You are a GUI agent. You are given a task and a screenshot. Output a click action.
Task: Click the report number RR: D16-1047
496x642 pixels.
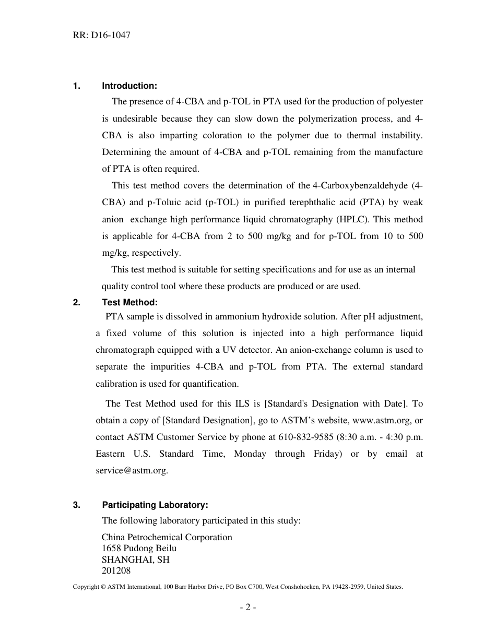click(x=102, y=35)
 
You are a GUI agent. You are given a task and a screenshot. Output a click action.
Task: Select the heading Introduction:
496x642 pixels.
click(x=129, y=86)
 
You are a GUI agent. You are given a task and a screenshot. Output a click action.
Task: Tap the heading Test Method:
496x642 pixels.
click(x=129, y=302)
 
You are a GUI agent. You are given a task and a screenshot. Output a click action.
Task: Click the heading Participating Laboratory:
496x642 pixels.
click(x=155, y=505)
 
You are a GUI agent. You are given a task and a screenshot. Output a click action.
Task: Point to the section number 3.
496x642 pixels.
click(x=76, y=505)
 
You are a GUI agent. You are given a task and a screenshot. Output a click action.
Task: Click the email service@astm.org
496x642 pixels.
click(x=132, y=470)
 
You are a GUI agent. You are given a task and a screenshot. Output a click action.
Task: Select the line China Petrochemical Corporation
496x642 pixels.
click(x=167, y=537)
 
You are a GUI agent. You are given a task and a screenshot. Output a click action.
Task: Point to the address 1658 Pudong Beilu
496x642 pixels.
click(x=139, y=548)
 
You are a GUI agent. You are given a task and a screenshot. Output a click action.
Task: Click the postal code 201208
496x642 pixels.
click(x=116, y=570)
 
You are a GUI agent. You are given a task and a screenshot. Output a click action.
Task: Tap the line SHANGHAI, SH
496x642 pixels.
click(x=135, y=560)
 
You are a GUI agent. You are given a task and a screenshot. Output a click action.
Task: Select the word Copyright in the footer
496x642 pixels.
click(x=86, y=587)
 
